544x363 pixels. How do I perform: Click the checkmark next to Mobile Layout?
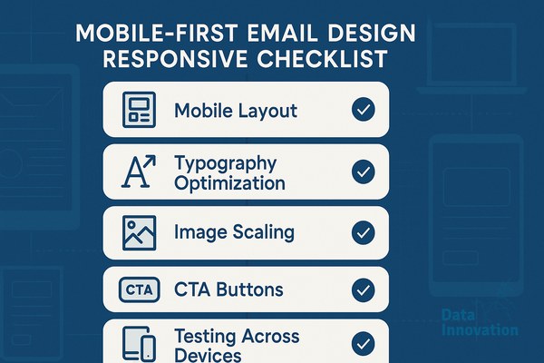point(364,110)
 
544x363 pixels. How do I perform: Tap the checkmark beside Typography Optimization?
point(364,172)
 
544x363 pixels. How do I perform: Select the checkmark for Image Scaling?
point(364,232)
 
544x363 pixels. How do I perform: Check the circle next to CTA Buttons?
point(364,289)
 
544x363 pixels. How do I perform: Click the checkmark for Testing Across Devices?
point(364,343)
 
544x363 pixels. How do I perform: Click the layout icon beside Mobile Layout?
point(139,110)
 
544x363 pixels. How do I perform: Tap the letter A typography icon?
point(139,172)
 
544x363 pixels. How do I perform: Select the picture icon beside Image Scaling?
point(139,232)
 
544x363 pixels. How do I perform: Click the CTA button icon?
point(139,289)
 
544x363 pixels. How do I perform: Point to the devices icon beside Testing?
point(139,344)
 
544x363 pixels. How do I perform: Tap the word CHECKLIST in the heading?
point(322,58)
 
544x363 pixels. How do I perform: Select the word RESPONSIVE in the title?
point(175,58)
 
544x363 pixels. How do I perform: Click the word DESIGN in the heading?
point(372,34)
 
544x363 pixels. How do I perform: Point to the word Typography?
point(226,163)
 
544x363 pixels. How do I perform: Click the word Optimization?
point(229,183)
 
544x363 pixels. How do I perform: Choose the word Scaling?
point(264,232)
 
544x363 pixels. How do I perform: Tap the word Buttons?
point(249,289)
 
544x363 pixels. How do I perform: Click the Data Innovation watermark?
point(481,322)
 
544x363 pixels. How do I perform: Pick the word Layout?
point(267,111)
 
